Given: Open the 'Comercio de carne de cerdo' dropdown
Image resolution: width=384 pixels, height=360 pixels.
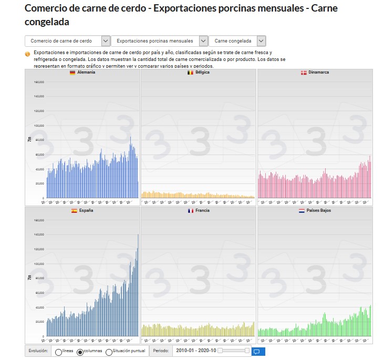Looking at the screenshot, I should pyautogui.click(x=67, y=41).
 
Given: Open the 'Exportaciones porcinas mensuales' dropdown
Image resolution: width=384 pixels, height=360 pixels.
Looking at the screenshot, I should pyautogui.click(x=160, y=41).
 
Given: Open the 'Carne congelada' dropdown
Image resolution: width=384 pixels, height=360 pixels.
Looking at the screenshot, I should pyautogui.click(x=237, y=41).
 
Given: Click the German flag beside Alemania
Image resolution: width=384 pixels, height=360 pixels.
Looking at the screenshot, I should pyautogui.click(x=72, y=73).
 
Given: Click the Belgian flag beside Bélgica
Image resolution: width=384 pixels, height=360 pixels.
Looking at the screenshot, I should pyautogui.click(x=190, y=73).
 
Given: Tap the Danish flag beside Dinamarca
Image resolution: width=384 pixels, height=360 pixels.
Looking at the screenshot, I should pyautogui.click(x=303, y=73).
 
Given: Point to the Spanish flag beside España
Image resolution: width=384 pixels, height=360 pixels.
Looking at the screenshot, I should pyautogui.click(x=74, y=210).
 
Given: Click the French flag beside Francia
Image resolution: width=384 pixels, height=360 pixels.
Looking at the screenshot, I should pyautogui.click(x=191, y=210).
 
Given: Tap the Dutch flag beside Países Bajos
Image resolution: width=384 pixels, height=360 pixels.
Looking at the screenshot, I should pyautogui.click(x=302, y=210).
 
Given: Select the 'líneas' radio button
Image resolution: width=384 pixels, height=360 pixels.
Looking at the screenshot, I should pyautogui.click(x=58, y=352).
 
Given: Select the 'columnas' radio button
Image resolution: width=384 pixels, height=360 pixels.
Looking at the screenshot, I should pyautogui.click(x=80, y=352).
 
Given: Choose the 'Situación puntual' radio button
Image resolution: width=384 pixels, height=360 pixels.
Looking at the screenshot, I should pyautogui.click(x=109, y=352).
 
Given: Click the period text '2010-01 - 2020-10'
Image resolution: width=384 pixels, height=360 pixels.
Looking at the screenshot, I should pyautogui.click(x=196, y=351).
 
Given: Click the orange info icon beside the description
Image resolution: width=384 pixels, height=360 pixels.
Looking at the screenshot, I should pyautogui.click(x=27, y=54).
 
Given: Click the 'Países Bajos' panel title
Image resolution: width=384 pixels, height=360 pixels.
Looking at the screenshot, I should pyautogui.click(x=319, y=210).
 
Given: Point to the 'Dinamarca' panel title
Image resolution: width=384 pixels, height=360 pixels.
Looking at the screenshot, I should pyautogui.click(x=319, y=73).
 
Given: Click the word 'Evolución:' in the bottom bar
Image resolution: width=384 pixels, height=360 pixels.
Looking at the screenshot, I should pyautogui.click(x=38, y=351).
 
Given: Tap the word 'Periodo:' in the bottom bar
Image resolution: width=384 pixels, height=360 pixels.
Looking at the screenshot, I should pyautogui.click(x=161, y=351).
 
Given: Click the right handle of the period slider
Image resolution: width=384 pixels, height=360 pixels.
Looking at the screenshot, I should pyautogui.click(x=247, y=351).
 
